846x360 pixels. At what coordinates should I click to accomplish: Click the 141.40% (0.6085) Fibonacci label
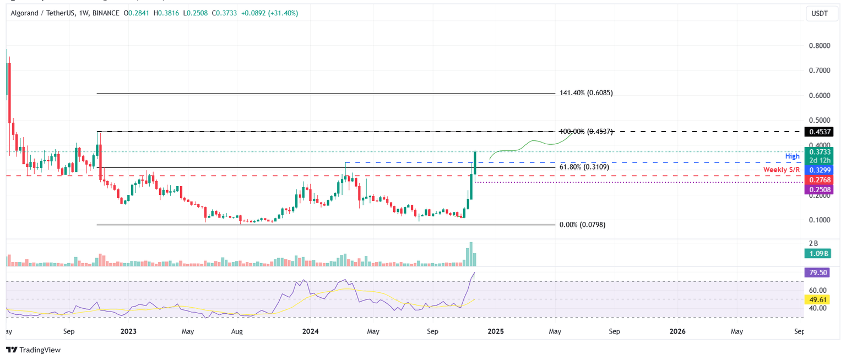585,93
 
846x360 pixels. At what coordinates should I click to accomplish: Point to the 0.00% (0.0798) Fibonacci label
582,225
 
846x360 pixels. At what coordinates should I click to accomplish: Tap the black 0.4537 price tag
818,132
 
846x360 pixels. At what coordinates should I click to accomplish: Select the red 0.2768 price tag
818,180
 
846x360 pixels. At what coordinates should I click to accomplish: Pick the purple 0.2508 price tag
818,189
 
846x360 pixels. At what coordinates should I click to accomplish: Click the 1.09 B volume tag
818,253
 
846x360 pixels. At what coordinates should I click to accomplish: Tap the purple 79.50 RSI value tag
818,272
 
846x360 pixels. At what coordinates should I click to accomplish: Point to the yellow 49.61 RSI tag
818,299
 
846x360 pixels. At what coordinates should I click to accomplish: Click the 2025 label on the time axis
495,332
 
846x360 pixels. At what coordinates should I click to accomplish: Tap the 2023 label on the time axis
128,332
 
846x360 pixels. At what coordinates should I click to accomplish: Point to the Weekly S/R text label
781,170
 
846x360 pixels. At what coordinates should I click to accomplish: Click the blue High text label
792,156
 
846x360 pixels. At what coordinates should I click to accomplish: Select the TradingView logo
34,350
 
